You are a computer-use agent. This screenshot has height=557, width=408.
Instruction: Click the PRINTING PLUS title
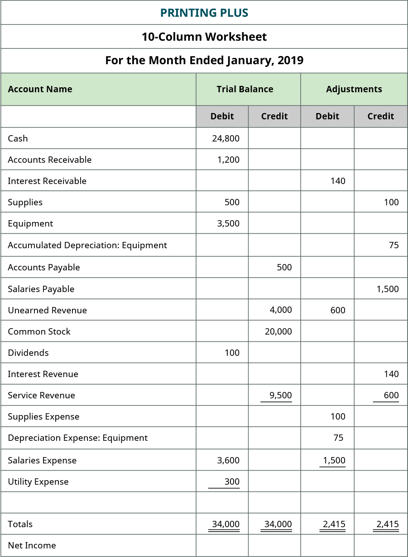[204, 13]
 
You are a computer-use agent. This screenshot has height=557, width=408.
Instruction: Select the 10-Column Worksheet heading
[204, 37]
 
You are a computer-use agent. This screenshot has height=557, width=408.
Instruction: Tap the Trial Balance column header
[245, 89]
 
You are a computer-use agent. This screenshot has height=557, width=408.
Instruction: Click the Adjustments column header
[354, 89]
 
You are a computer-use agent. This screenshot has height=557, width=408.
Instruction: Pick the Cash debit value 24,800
[226, 138]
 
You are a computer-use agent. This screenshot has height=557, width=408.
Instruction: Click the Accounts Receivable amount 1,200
[228, 160]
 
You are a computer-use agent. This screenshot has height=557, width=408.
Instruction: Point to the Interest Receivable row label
[47, 181]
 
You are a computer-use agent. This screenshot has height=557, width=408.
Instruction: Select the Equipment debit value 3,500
[228, 223]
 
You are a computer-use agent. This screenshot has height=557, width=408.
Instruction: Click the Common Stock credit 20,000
[278, 331]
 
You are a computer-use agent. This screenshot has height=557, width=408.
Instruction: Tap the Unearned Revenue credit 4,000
[281, 310]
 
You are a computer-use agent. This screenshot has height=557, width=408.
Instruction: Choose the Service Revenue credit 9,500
[281, 395]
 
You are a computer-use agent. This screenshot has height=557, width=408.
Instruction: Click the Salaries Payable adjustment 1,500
[387, 289]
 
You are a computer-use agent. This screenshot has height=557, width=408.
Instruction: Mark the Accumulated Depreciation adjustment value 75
[394, 245]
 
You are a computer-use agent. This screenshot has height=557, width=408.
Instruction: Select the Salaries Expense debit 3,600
[228, 460]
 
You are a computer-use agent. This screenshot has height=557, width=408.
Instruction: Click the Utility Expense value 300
[232, 481]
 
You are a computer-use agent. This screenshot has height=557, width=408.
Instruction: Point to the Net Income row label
[32, 545]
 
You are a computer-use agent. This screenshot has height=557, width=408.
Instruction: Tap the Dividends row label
[28, 353]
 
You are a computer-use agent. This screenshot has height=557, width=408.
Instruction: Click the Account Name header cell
[40, 89]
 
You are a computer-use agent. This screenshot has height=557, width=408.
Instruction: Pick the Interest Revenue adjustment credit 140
[391, 374]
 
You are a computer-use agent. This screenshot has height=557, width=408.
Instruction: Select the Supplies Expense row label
[43, 416]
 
